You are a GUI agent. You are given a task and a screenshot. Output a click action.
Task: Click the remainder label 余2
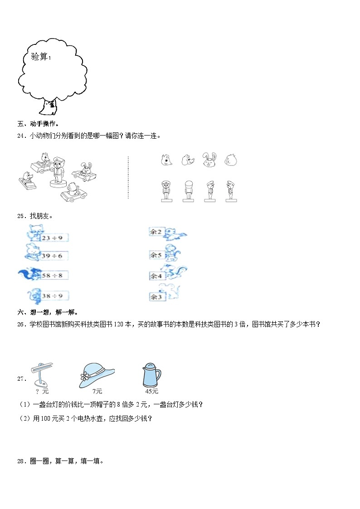(156, 232)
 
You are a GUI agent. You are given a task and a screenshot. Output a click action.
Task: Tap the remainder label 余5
(156, 255)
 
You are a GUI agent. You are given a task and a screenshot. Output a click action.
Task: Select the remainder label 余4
(156, 275)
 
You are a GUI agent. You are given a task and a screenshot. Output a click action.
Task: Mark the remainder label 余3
(156, 297)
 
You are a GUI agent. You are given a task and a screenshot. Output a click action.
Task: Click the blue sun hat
(97, 374)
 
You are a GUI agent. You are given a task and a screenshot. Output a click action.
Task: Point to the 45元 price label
(151, 391)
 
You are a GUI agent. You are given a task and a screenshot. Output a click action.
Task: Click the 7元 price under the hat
(97, 391)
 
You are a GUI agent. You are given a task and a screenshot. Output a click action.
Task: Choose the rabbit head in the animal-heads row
(209, 160)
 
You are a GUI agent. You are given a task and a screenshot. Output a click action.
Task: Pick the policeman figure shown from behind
(188, 190)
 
